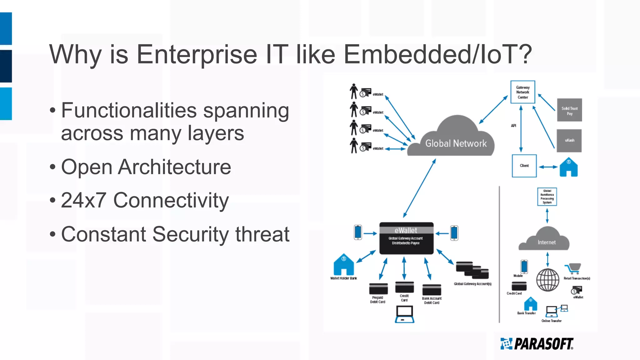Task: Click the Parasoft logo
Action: [537, 344]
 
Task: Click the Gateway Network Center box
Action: [522, 92]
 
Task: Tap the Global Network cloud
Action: [455, 141]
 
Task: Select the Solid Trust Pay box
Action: [569, 110]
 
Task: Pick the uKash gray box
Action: [569, 141]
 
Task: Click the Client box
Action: [524, 166]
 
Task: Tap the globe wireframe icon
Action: [547, 280]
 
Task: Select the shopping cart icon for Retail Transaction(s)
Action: [573, 268]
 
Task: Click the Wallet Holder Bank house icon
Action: [343, 265]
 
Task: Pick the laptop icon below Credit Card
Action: [404, 314]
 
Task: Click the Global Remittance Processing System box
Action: [547, 197]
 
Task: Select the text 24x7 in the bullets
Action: [83, 200]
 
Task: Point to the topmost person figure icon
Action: [353, 91]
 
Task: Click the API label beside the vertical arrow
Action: [513, 126]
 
